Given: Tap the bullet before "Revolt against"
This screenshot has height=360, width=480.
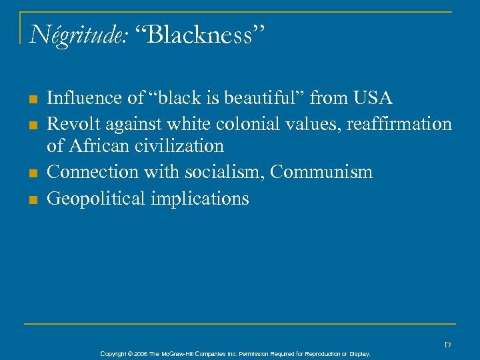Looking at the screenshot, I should click(31, 125).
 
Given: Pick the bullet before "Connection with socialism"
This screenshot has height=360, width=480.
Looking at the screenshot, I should click(31, 173).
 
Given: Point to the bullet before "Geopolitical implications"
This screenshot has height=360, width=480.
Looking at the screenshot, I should click(31, 199).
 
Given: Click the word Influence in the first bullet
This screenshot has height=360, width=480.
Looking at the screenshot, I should click(80, 99).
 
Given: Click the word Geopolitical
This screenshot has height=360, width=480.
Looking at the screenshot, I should click(98, 199).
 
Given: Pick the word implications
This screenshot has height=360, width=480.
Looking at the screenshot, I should click(201, 199).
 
